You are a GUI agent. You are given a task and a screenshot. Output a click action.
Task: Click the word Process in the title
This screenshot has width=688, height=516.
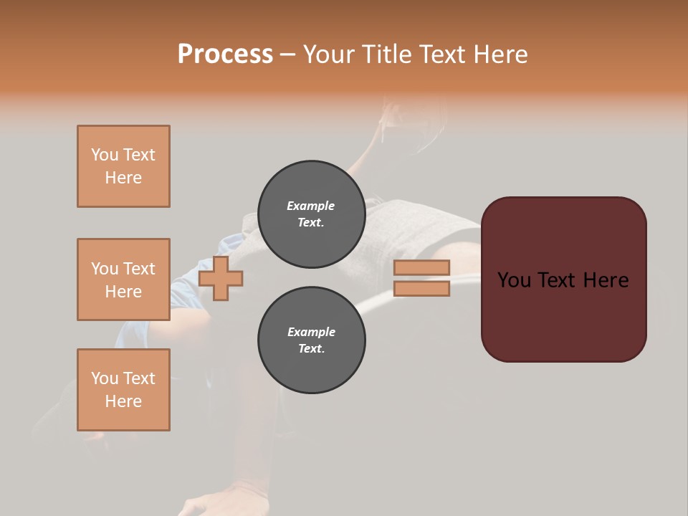(225, 54)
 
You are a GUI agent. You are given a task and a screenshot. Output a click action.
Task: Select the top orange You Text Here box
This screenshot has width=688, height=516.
(123, 166)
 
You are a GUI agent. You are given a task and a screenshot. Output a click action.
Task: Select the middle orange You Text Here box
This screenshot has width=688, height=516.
(123, 279)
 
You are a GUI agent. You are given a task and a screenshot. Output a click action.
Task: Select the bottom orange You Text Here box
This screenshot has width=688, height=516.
(123, 390)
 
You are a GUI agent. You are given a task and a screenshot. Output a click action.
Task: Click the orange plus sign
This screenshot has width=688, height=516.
(221, 279)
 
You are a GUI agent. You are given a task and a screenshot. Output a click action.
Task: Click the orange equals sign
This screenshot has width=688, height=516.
(421, 278)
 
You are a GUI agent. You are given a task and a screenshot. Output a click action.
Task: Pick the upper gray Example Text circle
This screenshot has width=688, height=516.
(311, 214)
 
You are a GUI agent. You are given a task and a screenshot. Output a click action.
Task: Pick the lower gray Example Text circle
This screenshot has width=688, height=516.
(311, 340)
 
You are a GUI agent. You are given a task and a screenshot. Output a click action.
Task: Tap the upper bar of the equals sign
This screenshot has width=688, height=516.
(421, 268)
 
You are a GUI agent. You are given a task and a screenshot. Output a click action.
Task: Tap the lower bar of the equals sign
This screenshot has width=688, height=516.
(421, 289)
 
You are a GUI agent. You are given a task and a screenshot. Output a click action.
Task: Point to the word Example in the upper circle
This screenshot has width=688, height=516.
(311, 206)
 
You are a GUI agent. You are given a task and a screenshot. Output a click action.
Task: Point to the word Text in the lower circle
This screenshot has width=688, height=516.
(311, 349)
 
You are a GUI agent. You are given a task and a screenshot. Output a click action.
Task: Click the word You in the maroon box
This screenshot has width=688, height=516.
(514, 280)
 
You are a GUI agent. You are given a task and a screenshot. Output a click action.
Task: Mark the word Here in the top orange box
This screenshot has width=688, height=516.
(123, 178)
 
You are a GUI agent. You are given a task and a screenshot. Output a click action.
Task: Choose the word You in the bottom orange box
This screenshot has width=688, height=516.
(104, 378)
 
